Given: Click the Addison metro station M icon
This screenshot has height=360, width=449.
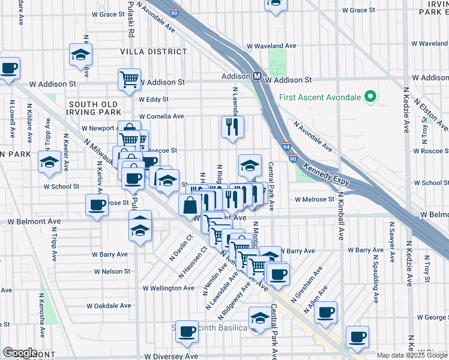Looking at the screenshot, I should coord(256,76).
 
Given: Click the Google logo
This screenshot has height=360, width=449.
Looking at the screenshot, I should coord(20,353).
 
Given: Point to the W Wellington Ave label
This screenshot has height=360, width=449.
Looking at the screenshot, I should coord(168,288).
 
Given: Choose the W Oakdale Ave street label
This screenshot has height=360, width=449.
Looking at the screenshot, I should coord(109,305).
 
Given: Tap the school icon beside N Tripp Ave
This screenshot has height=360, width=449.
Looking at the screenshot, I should coord(49,161).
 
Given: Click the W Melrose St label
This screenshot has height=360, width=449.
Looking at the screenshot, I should coord(315,199).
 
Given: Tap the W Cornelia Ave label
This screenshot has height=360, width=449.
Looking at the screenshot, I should coord(161,116).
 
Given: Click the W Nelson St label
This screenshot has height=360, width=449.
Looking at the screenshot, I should coord(112,271).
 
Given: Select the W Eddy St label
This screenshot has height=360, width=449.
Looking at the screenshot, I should coord(154,100).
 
